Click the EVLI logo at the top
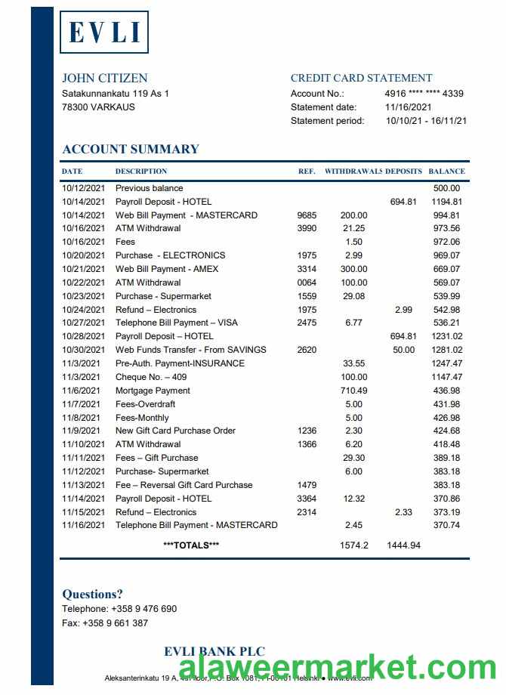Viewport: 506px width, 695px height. (104, 32)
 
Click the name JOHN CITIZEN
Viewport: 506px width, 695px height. (105, 78)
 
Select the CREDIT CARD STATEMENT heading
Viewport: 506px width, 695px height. (361, 78)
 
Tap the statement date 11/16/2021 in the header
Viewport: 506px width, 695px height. (409, 107)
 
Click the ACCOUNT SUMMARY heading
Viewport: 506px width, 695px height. (131, 149)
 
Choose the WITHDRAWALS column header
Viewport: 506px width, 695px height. (353, 171)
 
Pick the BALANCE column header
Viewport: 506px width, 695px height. (446, 171)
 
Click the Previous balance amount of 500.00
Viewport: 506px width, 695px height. (446, 188)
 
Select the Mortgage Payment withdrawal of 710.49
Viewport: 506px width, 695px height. (353, 391)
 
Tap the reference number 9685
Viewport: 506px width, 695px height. (307, 215)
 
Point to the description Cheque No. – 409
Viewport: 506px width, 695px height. (151, 377)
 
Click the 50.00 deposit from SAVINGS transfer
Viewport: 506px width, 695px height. (404, 350)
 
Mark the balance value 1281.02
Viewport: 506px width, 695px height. (446, 350)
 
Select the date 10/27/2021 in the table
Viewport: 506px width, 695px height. (83, 323)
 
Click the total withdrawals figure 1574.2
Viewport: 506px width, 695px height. (353, 545)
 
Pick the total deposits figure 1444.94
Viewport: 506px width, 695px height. (403, 545)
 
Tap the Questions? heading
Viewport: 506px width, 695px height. (92, 594)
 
